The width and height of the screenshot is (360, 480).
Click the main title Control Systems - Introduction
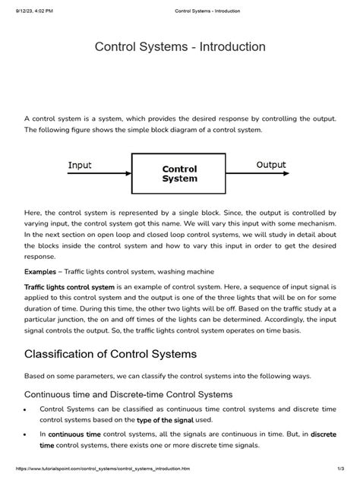pyautogui.click(x=180, y=47)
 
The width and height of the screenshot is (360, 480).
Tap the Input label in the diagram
pyautogui.click(x=80, y=165)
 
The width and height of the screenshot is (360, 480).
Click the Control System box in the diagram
pyautogui.click(x=179, y=174)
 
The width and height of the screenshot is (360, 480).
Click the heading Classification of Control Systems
pyautogui.click(x=110, y=353)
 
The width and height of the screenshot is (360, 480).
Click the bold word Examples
pyautogui.click(x=43, y=272)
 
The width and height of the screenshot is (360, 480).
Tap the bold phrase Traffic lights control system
pyautogui.click(x=69, y=288)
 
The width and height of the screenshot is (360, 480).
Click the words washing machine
pyautogui.click(x=192, y=272)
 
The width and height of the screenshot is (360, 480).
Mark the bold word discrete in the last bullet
pyautogui.click(x=323, y=434)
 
